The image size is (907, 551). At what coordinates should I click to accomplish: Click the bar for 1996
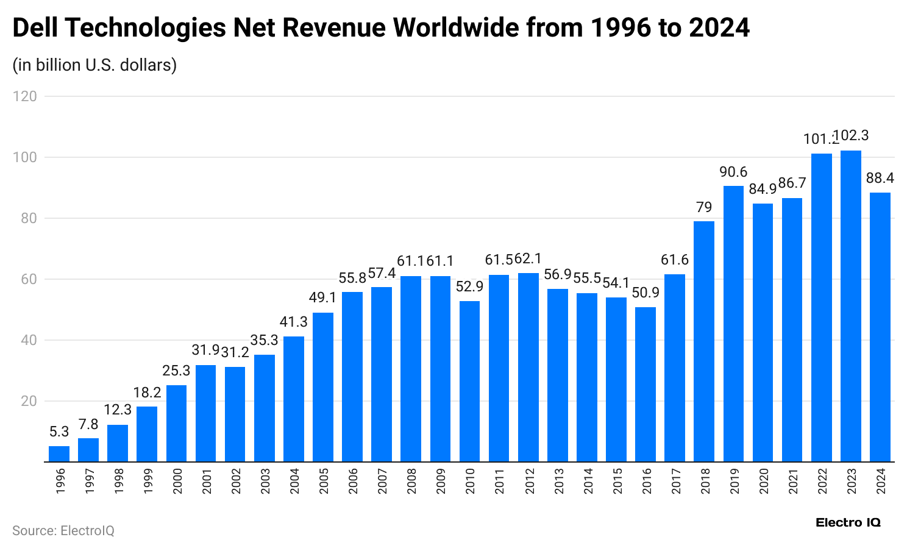(59, 454)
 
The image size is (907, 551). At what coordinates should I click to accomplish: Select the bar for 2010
(469, 382)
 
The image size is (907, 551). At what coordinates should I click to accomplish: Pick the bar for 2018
(704, 341)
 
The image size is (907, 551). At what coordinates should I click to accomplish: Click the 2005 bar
(323, 387)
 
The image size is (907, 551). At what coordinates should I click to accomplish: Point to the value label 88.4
(880, 178)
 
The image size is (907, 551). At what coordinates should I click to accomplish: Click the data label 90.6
(733, 172)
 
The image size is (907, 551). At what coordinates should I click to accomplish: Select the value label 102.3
(852, 136)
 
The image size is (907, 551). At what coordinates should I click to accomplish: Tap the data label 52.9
(469, 286)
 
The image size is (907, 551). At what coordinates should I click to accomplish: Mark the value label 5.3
(59, 432)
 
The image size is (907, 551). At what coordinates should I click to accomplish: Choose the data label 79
(704, 207)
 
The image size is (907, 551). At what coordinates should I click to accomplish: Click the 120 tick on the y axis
(27, 96)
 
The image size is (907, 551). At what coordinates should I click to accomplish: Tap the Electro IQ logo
(848, 522)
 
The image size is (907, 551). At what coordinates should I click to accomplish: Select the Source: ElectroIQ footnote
(63, 531)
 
